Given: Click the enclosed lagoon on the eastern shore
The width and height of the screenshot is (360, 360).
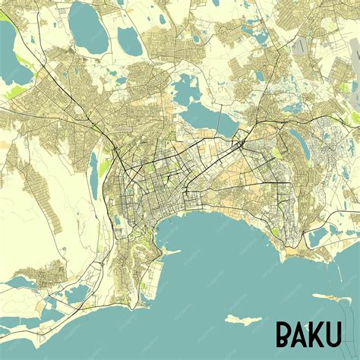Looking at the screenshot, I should click(317, 236).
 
